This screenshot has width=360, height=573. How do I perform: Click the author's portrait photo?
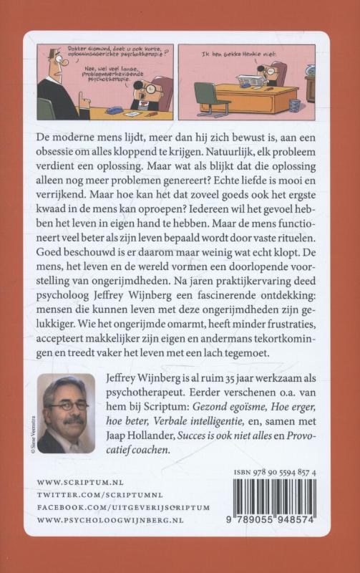tap(66, 413)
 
